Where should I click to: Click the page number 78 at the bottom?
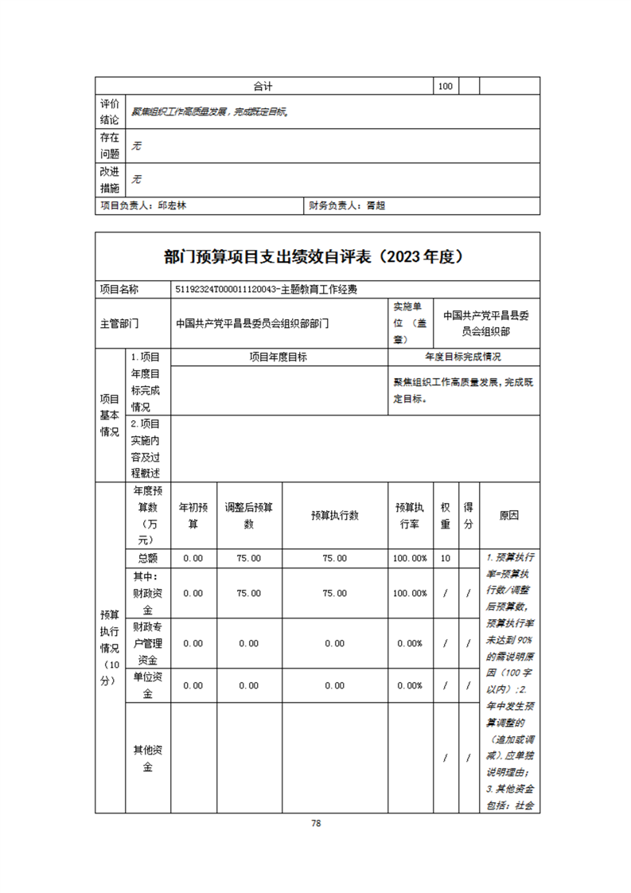pyautogui.click(x=316, y=824)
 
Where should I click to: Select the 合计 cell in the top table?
pyautogui.click(x=263, y=86)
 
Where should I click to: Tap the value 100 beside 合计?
pyautogui.click(x=446, y=86)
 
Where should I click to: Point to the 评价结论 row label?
pyautogui.click(x=110, y=112)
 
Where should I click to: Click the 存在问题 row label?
pyautogui.click(x=110, y=146)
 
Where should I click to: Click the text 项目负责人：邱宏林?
pyautogui.click(x=143, y=205)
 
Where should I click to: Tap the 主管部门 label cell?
pyautogui.click(x=119, y=324)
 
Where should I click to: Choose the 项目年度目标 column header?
pyautogui.click(x=278, y=357)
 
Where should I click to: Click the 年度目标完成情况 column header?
pyautogui.click(x=463, y=357)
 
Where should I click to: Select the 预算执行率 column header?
pyautogui.click(x=411, y=515)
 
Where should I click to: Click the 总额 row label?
pyautogui.click(x=148, y=558)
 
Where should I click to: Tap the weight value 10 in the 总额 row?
pyautogui.click(x=446, y=558)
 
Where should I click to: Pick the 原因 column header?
pyautogui.click(x=509, y=515)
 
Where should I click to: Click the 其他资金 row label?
pyautogui.click(x=148, y=758)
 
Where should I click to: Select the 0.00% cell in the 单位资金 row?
pyautogui.click(x=411, y=685)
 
